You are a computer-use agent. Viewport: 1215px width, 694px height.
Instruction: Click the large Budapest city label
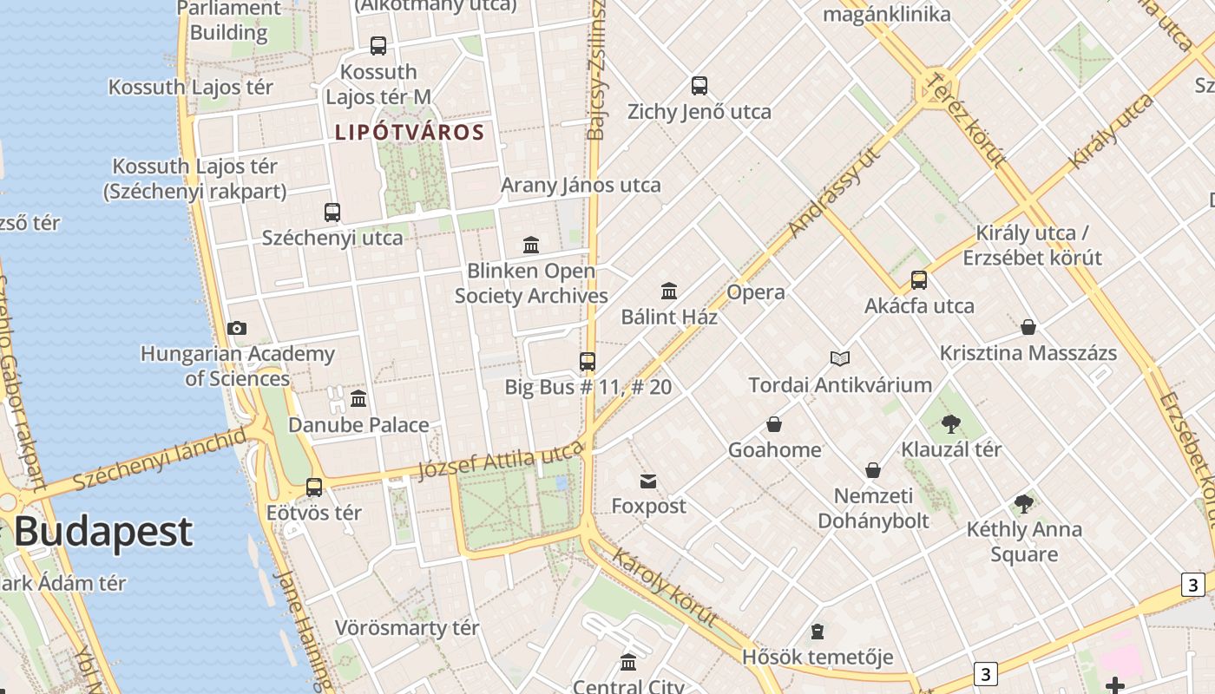coord(103,531)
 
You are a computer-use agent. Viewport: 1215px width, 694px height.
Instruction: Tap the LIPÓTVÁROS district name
coord(409,133)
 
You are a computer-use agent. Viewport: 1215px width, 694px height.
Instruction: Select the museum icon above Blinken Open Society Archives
coord(531,246)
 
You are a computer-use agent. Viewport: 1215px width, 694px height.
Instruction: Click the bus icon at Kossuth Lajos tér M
coord(378,46)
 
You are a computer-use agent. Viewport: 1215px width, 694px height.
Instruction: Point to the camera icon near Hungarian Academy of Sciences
coord(236,328)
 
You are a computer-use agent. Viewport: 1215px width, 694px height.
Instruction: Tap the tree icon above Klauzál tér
coord(950,424)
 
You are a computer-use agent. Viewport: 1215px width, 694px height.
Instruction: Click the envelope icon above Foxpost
coord(648,481)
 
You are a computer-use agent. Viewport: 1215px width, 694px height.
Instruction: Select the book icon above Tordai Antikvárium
coord(839,358)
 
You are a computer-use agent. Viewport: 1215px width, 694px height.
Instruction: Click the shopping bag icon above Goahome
coord(774,424)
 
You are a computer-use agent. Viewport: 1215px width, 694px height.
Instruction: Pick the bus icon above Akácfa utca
coord(919,280)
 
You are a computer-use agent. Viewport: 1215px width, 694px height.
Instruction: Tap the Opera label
coord(755,292)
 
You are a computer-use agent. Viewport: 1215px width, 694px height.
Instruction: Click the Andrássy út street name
coord(835,193)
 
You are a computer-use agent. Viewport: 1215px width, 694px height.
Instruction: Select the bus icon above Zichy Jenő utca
coord(699,86)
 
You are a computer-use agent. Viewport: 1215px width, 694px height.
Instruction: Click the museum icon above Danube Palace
coord(358,399)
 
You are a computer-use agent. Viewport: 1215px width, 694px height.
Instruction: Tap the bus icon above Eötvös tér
coord(314,488)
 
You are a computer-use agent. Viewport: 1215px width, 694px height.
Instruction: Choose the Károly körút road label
coord(665,586)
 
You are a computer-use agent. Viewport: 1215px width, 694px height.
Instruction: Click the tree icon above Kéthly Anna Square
coord(1024,504)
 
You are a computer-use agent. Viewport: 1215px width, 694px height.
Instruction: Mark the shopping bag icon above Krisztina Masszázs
coord(1028,327)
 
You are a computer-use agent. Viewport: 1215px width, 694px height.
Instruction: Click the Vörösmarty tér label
coord(407,627)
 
